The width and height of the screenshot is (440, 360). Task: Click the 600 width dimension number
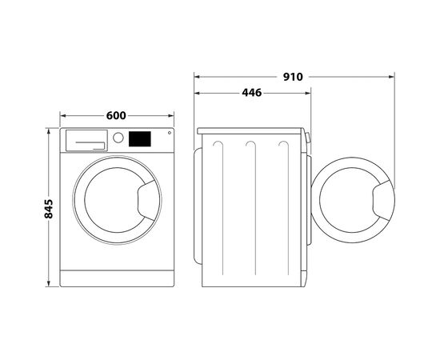116,116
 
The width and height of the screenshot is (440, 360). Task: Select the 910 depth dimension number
293,78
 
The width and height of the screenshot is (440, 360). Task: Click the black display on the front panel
140,138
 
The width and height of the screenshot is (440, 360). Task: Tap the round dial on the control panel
118,138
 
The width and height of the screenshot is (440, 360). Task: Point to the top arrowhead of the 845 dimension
49,130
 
